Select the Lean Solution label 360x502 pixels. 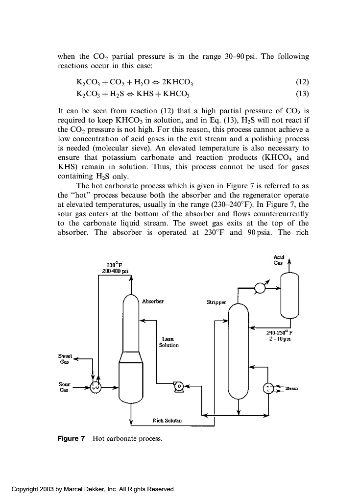tap(168, 342)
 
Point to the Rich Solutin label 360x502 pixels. tap(167, 420)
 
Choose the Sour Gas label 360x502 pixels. tap(65, 387)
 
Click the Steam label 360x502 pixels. tap(292, 389)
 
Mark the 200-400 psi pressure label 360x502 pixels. tap(114, 270)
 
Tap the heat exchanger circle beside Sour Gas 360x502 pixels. tap(97, 387)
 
